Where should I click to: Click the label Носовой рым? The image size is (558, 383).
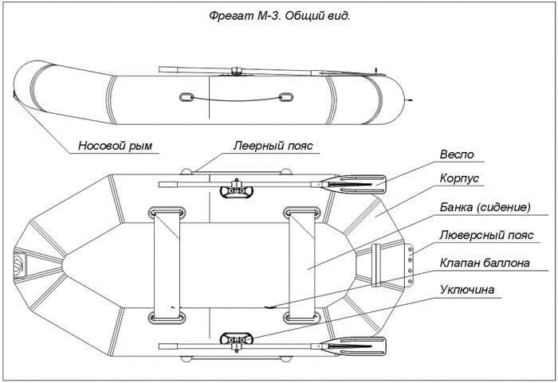coord(115,146)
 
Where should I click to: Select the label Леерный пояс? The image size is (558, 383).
coord(273,146)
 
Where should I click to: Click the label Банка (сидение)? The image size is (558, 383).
coord(485,208)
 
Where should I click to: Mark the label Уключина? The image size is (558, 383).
coord(470,290)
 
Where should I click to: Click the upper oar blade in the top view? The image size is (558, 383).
coord(358,186)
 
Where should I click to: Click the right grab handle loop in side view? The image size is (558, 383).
coord(285,98)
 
